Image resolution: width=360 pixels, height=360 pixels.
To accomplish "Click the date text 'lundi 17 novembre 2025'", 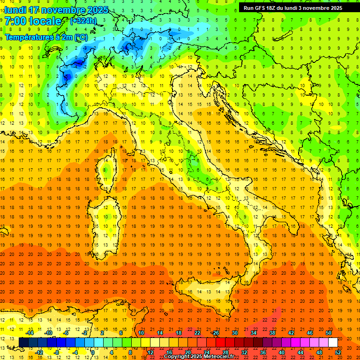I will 56,9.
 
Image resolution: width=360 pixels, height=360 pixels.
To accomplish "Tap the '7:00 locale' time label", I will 33,21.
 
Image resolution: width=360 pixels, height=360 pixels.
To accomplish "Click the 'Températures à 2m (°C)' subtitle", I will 46,37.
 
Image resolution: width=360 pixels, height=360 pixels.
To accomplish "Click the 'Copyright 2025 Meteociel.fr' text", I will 199,357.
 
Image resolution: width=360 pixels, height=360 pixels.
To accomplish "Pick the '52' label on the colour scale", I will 338,352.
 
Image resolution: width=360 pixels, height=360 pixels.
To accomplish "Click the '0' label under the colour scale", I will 93,352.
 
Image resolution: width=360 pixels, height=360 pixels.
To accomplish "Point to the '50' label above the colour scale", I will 329,333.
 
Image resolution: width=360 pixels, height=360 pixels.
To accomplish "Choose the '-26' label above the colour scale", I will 215,333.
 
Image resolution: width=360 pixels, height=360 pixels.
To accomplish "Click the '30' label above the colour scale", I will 234,333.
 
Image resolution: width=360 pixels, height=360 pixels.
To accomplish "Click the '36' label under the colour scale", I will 262,352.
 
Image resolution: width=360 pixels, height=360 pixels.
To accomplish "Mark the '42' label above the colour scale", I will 291,333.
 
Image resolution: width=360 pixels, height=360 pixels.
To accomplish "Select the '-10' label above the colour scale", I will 48,333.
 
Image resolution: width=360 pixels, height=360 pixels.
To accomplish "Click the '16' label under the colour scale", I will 169,352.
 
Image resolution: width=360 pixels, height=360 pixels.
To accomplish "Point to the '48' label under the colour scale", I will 319,352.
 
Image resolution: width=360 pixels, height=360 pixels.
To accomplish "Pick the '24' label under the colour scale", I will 206,352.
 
